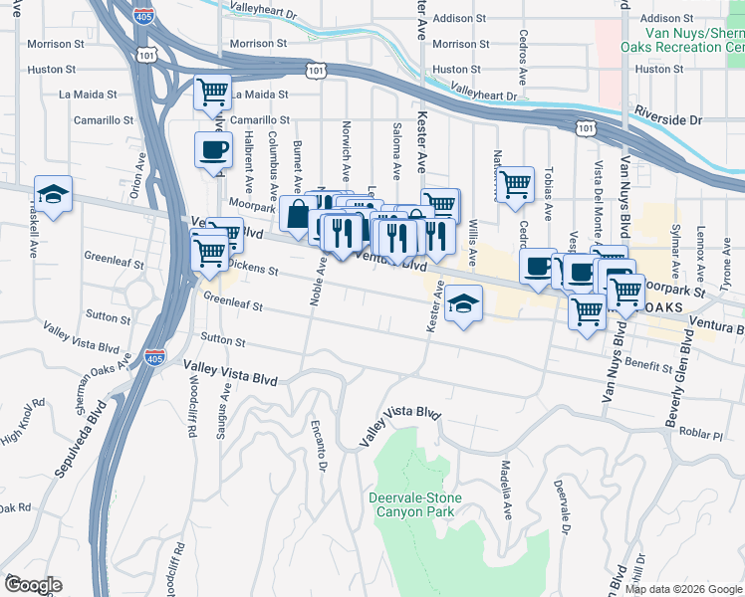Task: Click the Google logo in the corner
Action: coord(32,585)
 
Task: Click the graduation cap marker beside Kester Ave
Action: coord(463,301)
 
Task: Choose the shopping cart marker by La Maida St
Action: coord(212,93)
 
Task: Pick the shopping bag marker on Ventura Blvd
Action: coord(299,214)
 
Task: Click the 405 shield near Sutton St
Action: coord(152,357)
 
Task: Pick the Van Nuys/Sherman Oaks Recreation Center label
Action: coord(681,40)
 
